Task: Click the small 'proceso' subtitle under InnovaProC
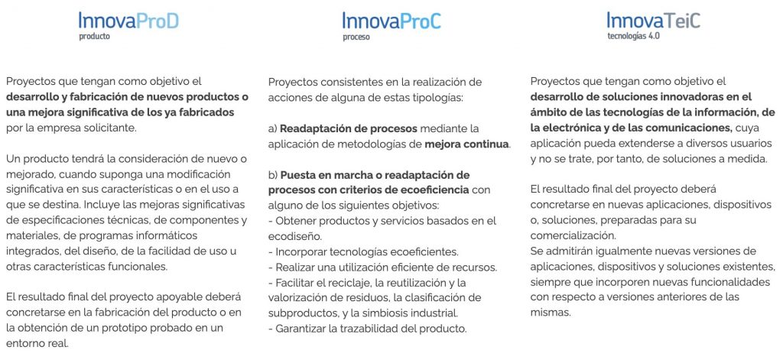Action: click(x=356, y=37)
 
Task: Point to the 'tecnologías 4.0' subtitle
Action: click(x=634, y=36)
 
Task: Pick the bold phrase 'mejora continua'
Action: click(x=467, y=144)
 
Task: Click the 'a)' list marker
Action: click(x=273, y=129)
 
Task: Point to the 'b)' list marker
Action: click(x=273, y=175)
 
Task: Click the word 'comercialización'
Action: click(x=573, y=235)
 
